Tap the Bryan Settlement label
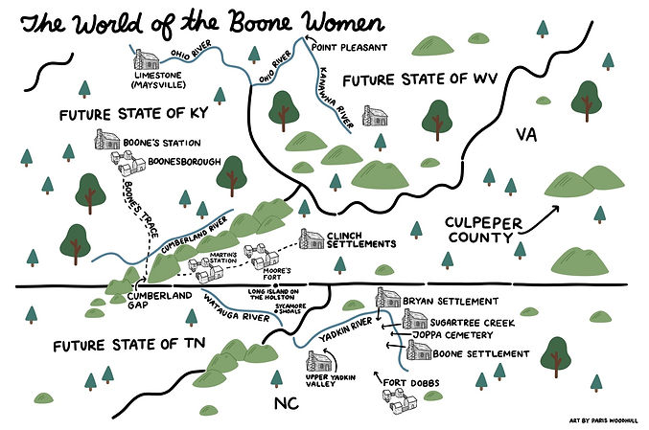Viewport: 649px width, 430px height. click(452, 301)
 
